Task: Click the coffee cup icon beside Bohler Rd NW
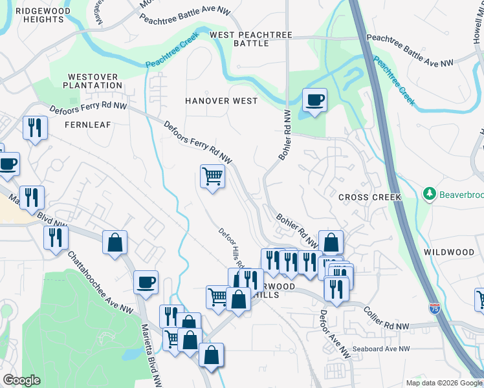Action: [314, 100]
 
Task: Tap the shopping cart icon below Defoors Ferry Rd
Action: [213, 176]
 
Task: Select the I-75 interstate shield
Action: [435, 308]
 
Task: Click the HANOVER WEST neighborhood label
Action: [221, 101]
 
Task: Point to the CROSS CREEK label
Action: [369, 197]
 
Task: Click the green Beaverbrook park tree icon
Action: [428, 193]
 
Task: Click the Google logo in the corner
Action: [21, 380]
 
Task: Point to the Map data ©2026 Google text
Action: [443, 383]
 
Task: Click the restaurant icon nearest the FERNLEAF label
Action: [35, 127]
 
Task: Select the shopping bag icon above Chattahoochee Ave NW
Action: [115, 243]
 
